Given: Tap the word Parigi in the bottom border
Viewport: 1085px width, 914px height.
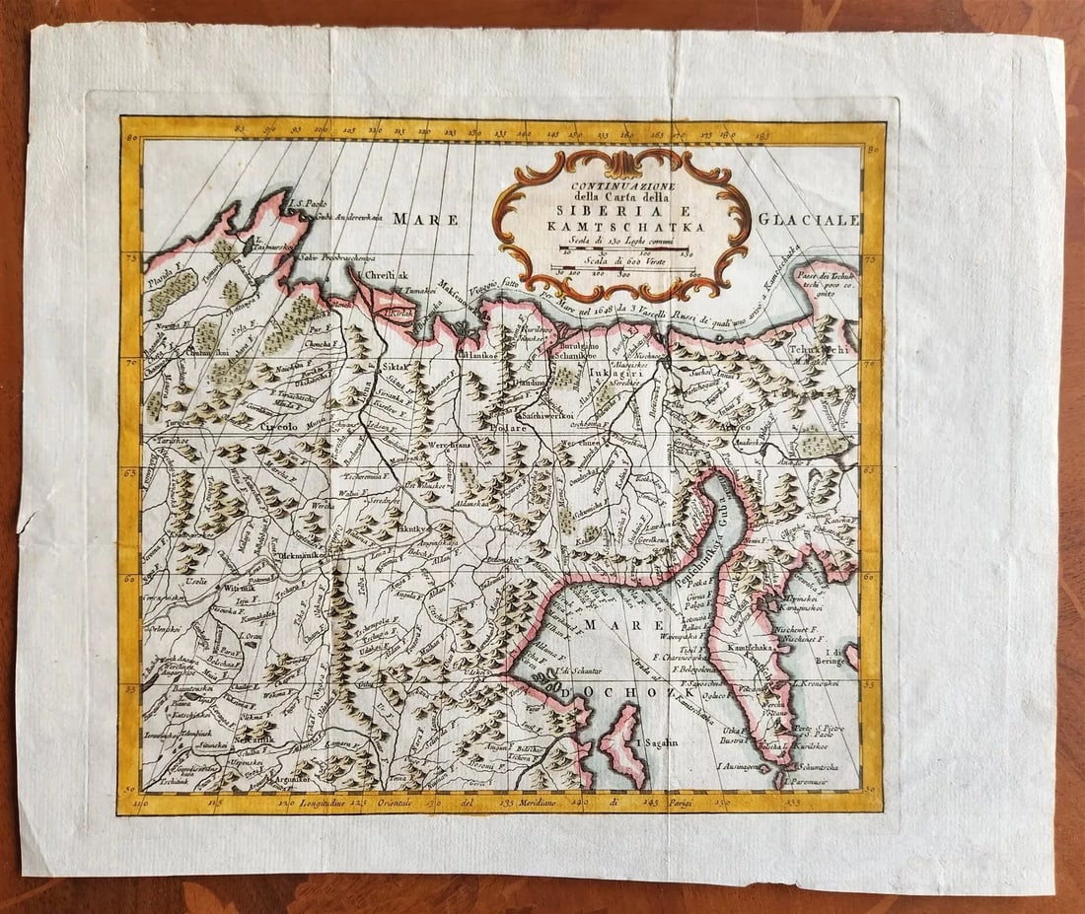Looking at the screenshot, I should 704,802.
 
